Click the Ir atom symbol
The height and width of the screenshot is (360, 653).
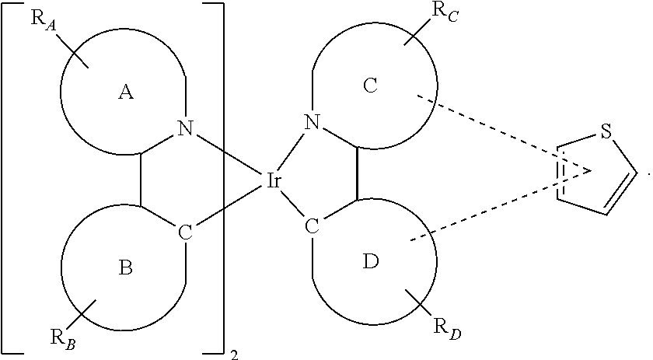point(273,181)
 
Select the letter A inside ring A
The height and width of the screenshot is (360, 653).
point(126,92)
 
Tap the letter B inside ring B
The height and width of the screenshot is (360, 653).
point(126,267)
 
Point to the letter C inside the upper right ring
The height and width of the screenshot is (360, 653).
point(370,86)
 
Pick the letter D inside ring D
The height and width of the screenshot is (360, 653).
point(371,261)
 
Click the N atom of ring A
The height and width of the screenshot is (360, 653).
point(186,128)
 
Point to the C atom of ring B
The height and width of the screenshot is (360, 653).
point(185,233)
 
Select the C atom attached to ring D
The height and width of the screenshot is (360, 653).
point(312,226)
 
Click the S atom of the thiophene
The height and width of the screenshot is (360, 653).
point(606,131)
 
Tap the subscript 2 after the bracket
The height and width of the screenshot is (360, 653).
point(235,355)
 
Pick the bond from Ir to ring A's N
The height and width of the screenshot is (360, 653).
point(228,153)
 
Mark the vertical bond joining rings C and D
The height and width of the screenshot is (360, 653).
point(357,173)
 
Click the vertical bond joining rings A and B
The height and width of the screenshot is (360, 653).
point(141,180)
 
